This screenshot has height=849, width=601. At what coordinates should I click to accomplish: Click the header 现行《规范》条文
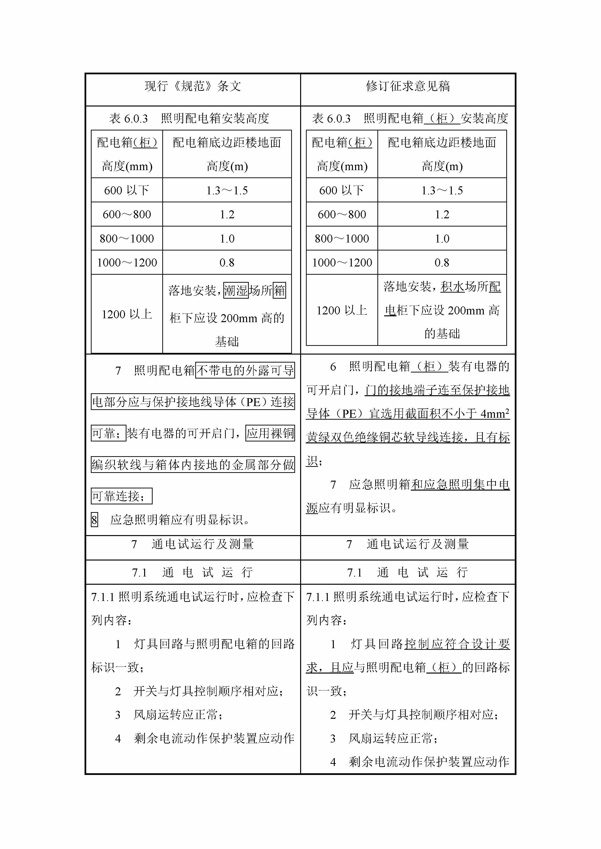(x=193, y=86)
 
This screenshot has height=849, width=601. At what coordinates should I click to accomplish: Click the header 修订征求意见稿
(x=408, y=86)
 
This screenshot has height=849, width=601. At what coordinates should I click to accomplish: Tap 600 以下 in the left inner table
(x=126, y=190)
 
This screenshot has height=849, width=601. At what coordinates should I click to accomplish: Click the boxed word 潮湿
(x=236, y=290)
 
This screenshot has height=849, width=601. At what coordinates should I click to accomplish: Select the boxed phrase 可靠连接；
(x=121, y=496)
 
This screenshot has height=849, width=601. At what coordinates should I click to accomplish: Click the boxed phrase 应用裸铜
(x=270, y=433)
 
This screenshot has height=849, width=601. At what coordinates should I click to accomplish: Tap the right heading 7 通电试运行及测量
(x=408, y=544)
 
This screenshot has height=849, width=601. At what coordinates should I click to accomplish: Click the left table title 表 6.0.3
(x=128, y=119)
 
